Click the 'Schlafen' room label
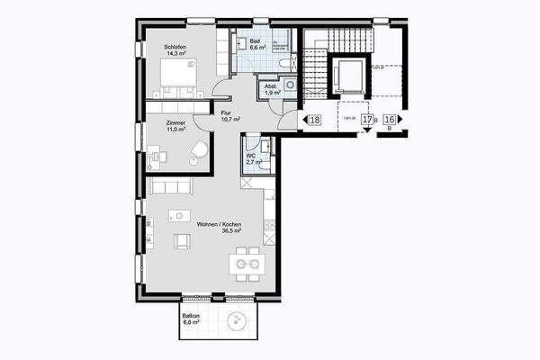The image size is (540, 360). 175,46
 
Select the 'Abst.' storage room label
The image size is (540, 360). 270,86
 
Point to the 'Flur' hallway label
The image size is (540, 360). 226,112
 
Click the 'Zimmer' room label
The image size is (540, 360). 175,121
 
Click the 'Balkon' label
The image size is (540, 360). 191,316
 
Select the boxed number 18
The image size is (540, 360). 314,120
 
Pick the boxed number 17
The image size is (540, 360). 367,120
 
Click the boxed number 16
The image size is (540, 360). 390,120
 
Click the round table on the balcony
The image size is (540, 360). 238,319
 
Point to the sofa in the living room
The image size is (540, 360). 171,186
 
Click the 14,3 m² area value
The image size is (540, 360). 175,54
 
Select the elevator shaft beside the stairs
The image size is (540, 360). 346,76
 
